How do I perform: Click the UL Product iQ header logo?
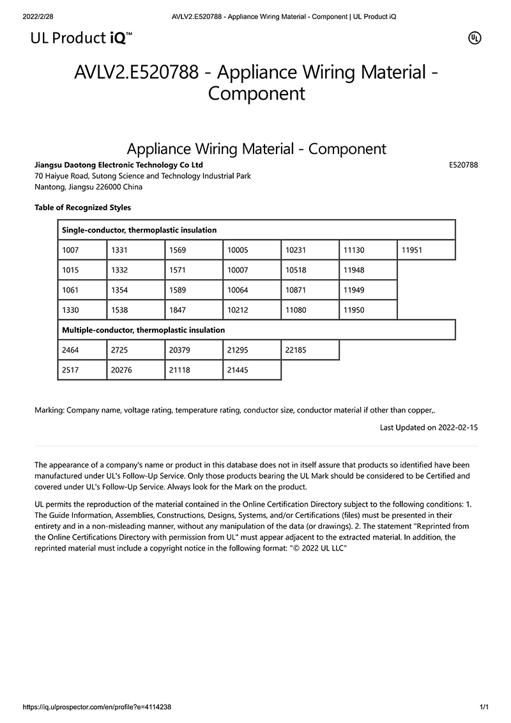click(x=82, y=38)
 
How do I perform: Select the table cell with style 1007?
click(x=82, y=250)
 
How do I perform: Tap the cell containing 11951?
click(x=426, y=250)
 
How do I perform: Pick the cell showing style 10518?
click(x=310, y=270)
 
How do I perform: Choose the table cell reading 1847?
click(x=194, y=310)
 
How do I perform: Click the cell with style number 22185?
click(x=310, y=350)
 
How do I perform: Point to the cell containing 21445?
click(x=252, y=370)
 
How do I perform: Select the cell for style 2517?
click(x=82, y=370)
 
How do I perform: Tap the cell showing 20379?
click(x=194, y=350)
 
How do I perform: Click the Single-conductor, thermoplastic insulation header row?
click(x=256, y=230)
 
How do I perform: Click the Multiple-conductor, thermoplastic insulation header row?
click(x=256, y=330)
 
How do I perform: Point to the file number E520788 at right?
click(x=464, y=165)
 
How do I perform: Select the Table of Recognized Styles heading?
click(x=82, y=208)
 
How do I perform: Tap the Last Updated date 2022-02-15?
click(x=457, y=427)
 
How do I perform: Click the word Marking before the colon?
click(x=49, y=410)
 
